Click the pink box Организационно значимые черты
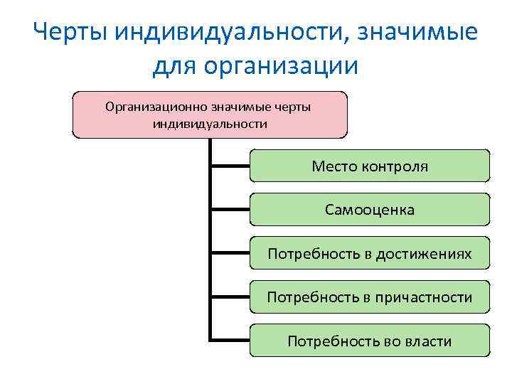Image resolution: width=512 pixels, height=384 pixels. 210,114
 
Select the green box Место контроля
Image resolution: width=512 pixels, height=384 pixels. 370,166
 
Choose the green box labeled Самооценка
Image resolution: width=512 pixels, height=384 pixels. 370,210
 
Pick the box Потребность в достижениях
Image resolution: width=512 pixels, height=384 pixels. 370,253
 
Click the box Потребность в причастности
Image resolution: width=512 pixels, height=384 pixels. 370,297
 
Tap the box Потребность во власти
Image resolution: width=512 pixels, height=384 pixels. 370,341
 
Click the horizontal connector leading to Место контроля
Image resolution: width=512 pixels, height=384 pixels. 230,166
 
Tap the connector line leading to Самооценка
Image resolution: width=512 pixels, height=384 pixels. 230,210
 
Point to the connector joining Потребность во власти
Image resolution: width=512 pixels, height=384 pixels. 230,340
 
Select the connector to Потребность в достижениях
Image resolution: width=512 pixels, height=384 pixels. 230,253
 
